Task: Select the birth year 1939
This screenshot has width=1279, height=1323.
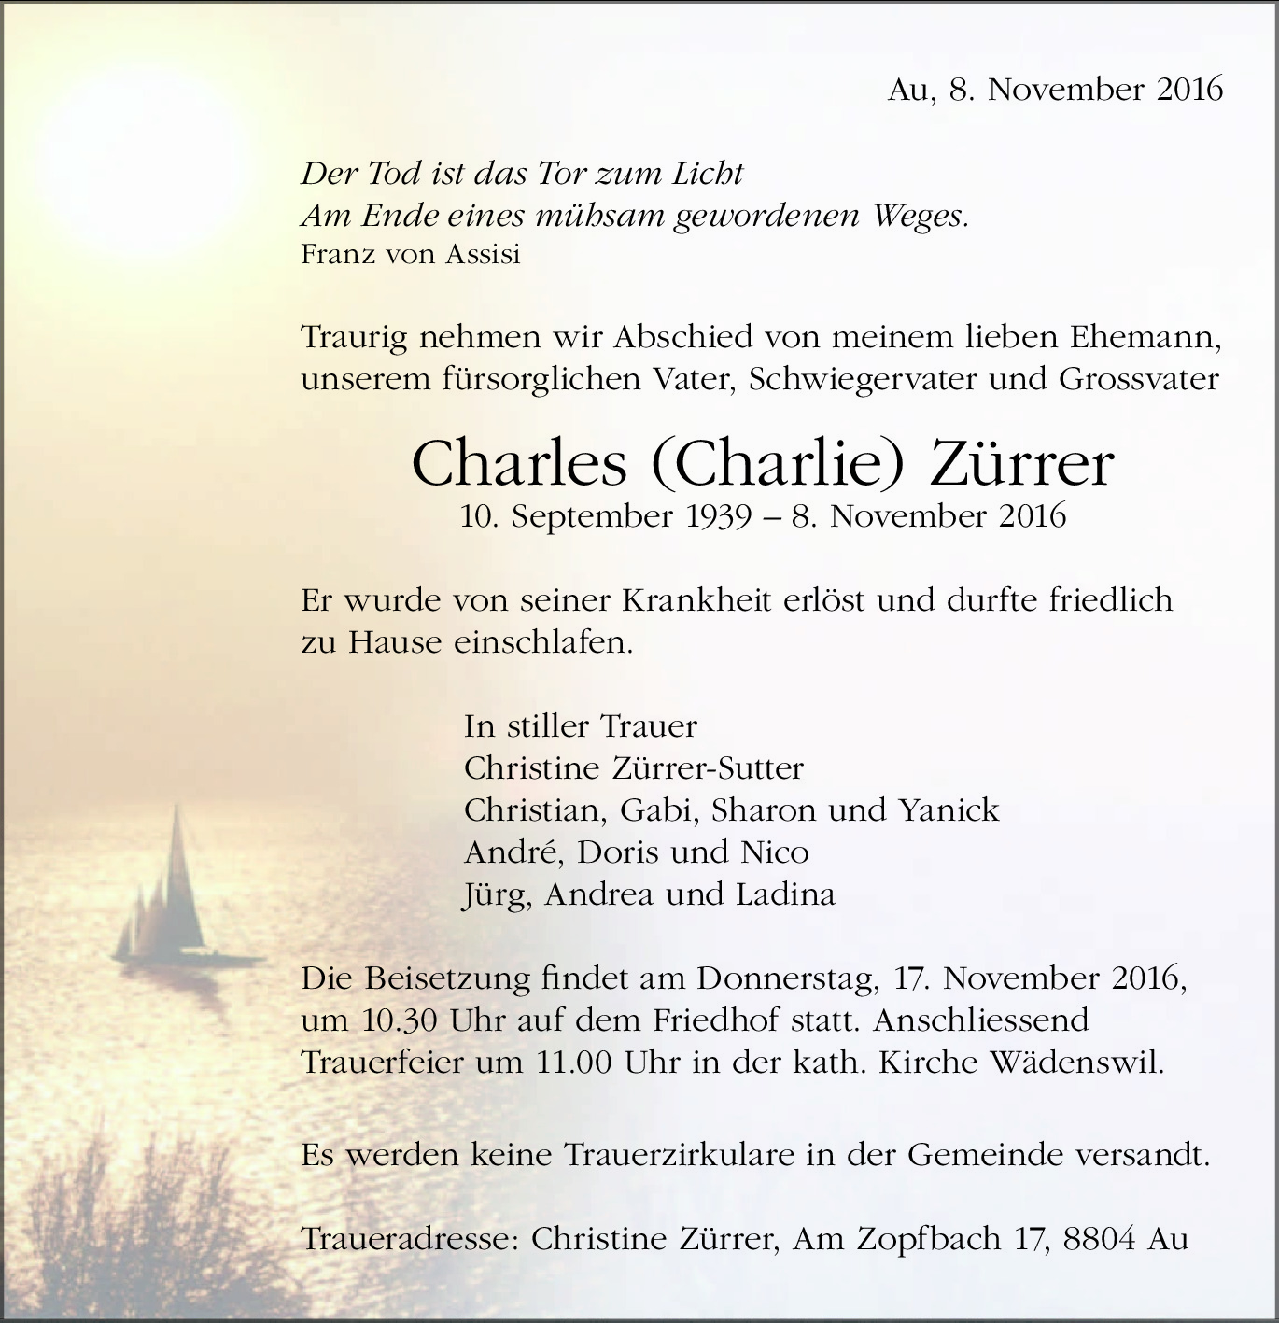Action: point(719,516)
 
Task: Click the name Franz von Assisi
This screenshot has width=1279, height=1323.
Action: point(410,254)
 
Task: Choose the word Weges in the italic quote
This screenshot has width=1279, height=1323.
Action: point(920,217)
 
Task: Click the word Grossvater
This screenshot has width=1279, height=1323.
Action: point(1138,380)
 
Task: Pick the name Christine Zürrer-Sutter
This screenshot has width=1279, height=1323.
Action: point(633,768)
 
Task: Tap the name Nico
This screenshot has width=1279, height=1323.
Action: point(774,852)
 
